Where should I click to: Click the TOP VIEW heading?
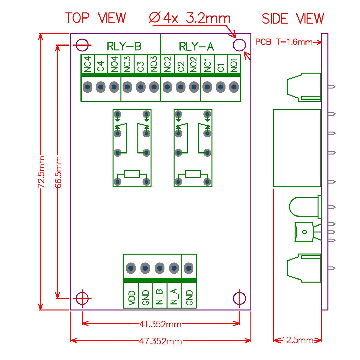tap(95, 18)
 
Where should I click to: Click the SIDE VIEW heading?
tap(293, 19)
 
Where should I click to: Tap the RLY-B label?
tap(124, 47)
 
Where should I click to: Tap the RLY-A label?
tap(196, 47)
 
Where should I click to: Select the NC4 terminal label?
tap(87, 64)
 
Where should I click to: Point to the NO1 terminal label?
tap(234, 65)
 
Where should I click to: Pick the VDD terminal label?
tap(131, 298)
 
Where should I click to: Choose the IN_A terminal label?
tap(174, 297)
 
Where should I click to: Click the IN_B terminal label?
tap(160, 297)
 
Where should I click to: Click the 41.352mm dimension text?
tap(160, 324)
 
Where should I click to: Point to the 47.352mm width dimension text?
tap(160, 341)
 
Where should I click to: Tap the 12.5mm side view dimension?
tap(298, 340)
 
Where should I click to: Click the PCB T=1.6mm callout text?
tap(284, 42)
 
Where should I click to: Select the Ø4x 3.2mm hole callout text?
tap(190, 18)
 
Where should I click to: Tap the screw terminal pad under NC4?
tap(87, 87)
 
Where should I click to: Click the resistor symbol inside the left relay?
tap(132, 174)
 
